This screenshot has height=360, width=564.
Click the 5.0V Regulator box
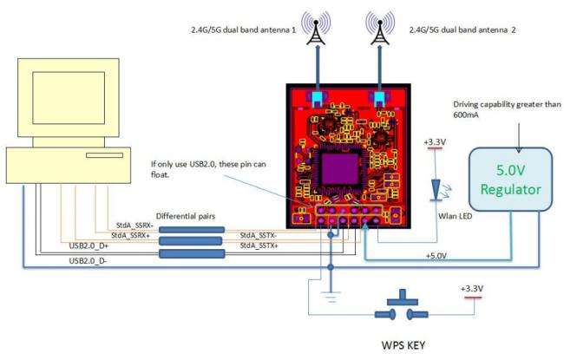coord(510,179)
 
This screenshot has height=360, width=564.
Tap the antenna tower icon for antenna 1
coord(316,28)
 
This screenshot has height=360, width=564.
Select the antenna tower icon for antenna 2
coord(380,28)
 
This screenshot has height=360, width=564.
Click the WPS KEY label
coord(403,345)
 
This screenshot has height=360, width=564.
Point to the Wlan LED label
coord(455,216)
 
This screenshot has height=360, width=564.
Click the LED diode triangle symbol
coord(436,189)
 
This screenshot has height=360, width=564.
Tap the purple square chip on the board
coord(340,168)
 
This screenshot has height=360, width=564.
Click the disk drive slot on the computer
coord(104,155)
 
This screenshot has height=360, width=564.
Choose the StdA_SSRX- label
coord(134,226)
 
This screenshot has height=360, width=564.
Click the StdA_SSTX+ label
coord(259,245)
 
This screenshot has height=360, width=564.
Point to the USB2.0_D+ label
coord(89,246)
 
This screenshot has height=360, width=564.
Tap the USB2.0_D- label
coord(88,261)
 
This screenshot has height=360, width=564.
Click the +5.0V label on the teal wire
coord(436,256)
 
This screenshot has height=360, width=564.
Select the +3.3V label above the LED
coord(435,142)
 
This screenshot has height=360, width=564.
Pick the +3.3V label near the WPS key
coord(472,289)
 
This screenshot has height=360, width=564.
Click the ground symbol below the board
coord(331,297)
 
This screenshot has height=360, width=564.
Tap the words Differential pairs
coord(186,216)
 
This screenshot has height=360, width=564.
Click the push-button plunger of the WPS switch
coord(403,297)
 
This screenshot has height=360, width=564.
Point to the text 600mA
coord(466,115)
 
